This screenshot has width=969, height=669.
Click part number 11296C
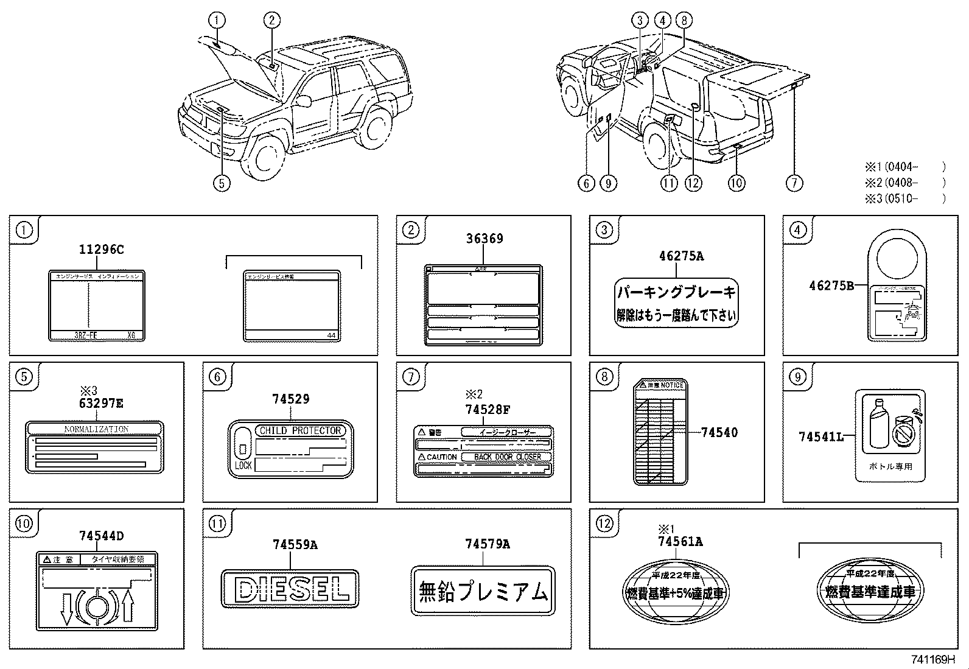point(101,249)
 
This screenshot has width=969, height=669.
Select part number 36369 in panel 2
point(484,239)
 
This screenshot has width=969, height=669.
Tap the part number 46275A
point(680,256)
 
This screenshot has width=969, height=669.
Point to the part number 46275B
point(832,285)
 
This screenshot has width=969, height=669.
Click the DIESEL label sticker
point(290,589)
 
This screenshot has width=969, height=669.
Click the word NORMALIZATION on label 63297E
point(96,429)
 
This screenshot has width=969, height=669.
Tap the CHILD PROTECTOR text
point(301,430)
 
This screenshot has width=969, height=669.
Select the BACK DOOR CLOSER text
point(507,457)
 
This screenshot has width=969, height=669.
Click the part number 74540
point(719,432)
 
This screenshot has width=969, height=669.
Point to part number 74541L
point(821,436)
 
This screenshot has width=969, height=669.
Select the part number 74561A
point(680,541)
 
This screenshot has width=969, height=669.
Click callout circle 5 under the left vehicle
point(222,183)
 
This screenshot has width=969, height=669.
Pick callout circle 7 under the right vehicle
point(794,183)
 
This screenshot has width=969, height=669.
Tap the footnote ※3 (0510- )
point(904,198)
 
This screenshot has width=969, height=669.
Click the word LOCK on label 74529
point(243,465)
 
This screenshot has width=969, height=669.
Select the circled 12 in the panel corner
point(604,524)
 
